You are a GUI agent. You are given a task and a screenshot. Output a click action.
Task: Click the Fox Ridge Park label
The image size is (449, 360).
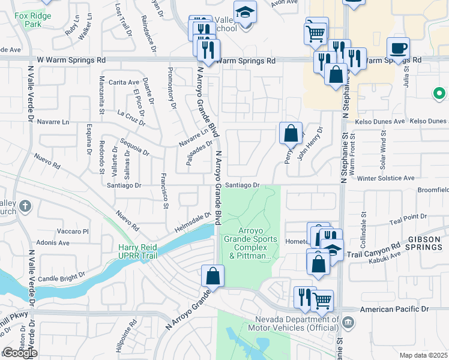point(29,20)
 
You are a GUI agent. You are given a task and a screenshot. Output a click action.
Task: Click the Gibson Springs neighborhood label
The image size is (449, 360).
point(425,243)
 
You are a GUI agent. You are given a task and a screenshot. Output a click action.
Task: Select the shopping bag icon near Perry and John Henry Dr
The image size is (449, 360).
point(291,133)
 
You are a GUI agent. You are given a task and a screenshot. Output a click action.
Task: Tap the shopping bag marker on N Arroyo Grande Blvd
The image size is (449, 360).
point(212,277)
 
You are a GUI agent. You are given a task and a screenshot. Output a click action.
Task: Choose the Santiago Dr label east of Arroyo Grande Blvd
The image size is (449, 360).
point(243,185)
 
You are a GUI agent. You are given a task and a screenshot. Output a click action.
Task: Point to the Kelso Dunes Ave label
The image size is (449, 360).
point(380,121)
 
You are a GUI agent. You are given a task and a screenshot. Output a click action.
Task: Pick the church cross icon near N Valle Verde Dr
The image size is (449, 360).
point(25,207)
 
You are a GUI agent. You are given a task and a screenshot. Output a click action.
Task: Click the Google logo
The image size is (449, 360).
point(20,353)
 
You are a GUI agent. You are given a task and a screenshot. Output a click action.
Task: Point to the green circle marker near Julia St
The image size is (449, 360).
point(439,94)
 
